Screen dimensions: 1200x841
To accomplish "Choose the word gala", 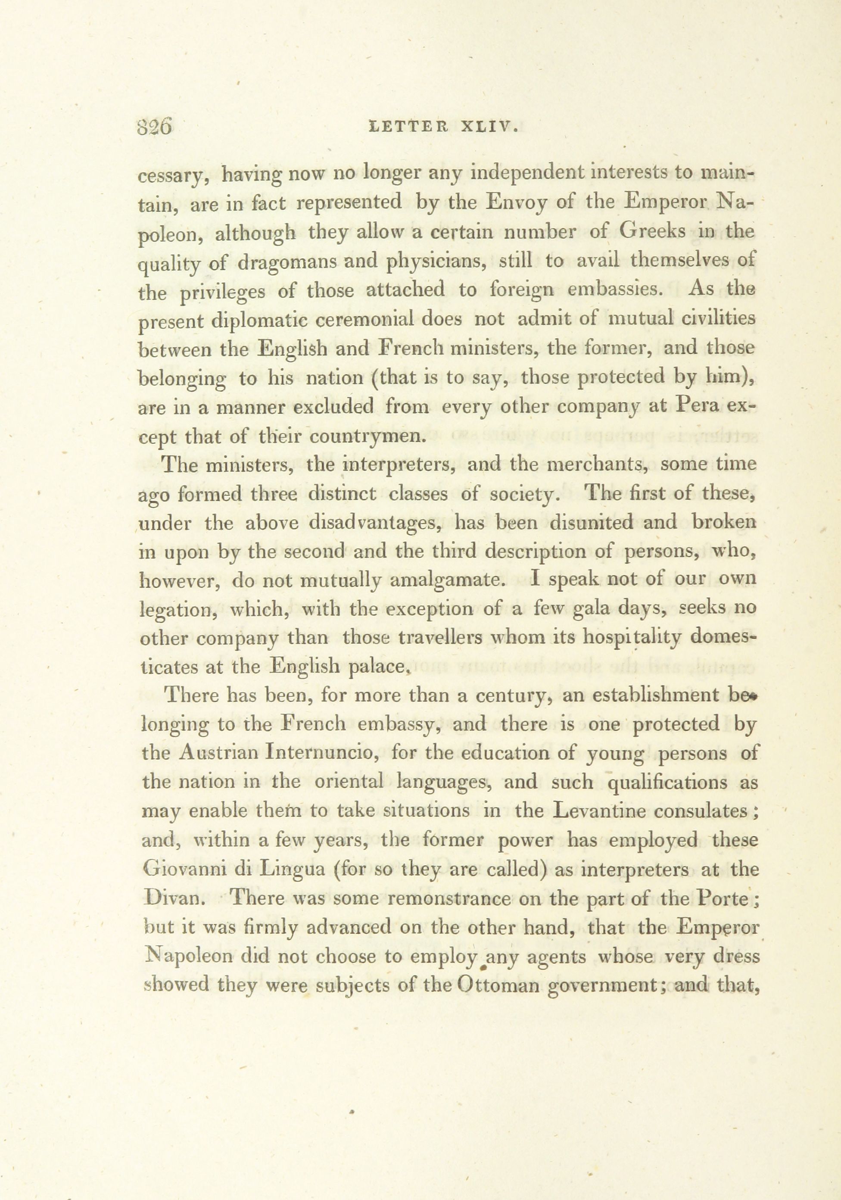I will point(594,609).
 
